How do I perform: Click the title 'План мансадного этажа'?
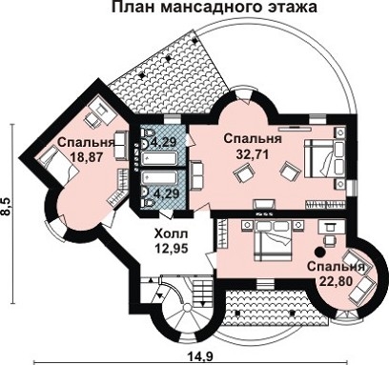[215, 10]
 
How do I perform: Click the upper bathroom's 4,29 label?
[164, 144]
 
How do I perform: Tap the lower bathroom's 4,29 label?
[165, 193]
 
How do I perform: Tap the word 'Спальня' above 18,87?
[86, 144]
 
